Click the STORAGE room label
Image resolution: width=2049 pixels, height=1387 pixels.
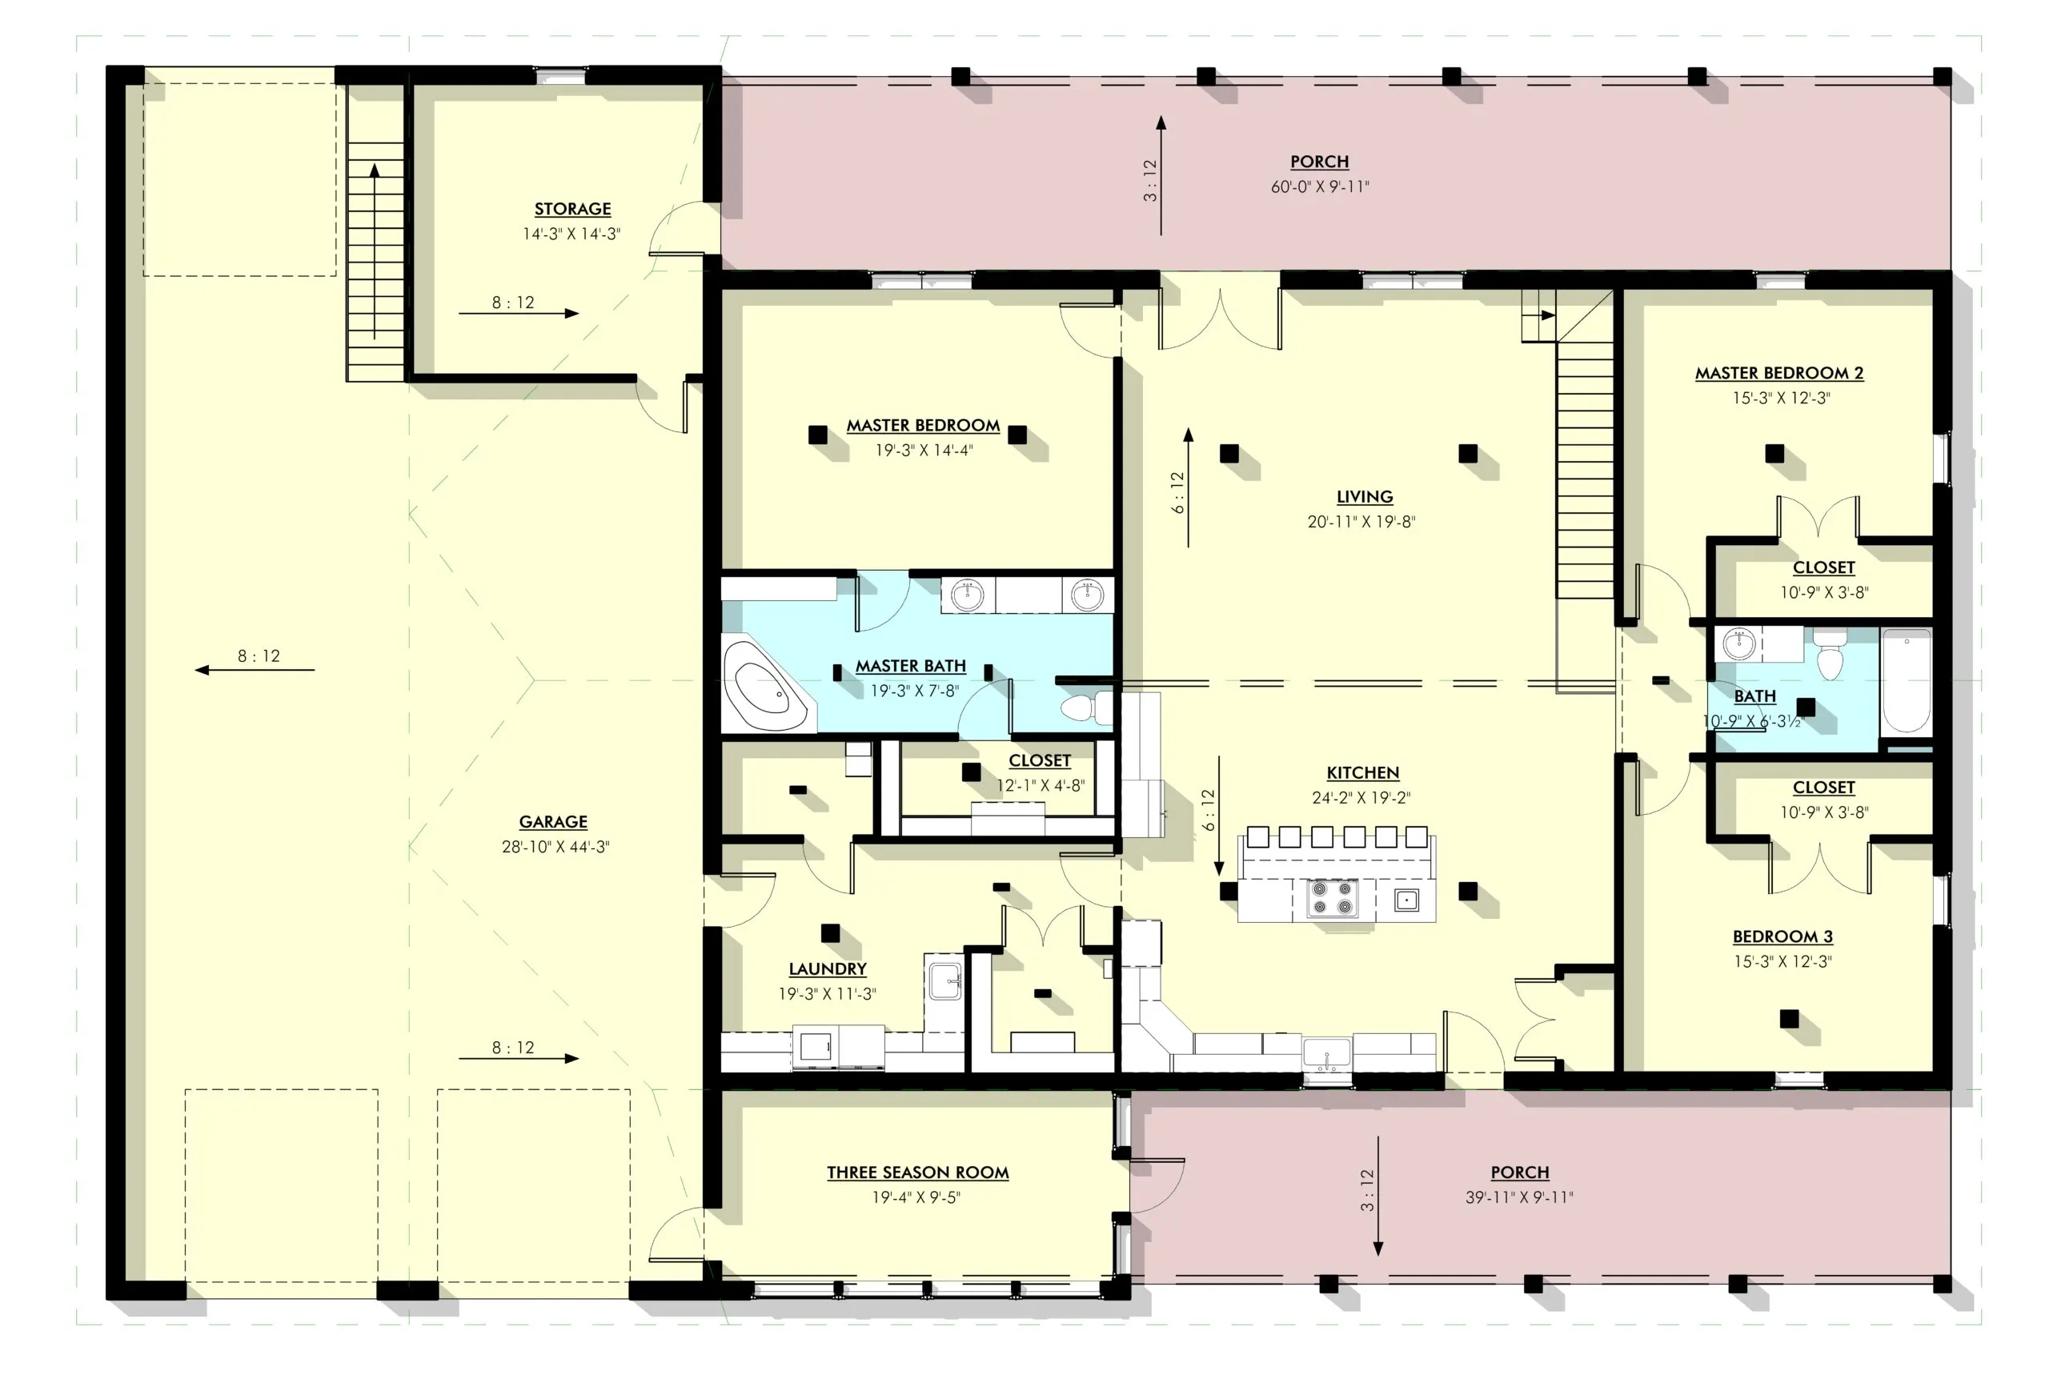[x=572, y=209]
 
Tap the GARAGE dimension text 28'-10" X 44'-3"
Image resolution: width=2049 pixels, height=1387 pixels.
[x=555, y=847]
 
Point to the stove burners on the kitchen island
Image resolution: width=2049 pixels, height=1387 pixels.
[x=1331, y=899]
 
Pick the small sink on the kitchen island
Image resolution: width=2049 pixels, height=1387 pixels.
[x=1406, y=900]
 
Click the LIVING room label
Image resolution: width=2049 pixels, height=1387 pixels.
[x=1364, y=497]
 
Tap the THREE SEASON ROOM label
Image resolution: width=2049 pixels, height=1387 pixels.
[x=917, y=1173]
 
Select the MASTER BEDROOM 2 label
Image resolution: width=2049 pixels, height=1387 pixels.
[x=1779, y=373]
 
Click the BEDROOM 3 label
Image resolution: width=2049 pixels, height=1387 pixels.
[x=1782, y=936]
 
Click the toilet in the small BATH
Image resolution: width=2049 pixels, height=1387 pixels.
[x=1830, y=653]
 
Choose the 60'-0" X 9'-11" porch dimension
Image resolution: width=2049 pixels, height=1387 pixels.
[x=1320, y=187]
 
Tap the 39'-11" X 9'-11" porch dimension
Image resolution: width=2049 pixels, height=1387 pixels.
[x=1519, y=1197]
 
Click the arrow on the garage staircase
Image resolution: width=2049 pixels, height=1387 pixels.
[x=375, y=251]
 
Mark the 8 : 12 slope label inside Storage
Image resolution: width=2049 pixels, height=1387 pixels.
[x=513, y=303]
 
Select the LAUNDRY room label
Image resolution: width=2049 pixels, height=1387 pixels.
[x=827, y=969]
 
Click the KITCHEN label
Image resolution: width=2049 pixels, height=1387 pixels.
[x=1362, y=773]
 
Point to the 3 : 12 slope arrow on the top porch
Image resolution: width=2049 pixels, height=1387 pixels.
[x=1161, y=175]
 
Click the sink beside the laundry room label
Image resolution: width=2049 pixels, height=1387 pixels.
[x=944, y=981]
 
